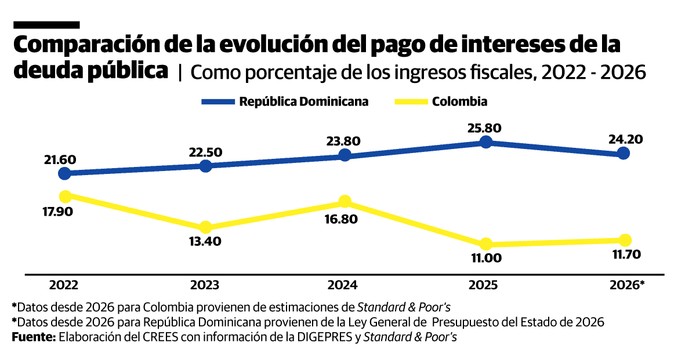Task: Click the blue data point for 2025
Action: (486, 142)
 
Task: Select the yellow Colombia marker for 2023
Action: (205, 227)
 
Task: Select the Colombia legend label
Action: (459, 101)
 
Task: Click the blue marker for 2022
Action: (65, 173)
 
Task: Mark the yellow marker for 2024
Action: (345, 201)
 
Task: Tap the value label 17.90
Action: (57, 212)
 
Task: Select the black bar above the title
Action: (46, 25)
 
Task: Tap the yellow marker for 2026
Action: (625, 240)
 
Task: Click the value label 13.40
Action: (205, 242)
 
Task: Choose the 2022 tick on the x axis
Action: (64, 285)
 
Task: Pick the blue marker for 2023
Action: (205, 166)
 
